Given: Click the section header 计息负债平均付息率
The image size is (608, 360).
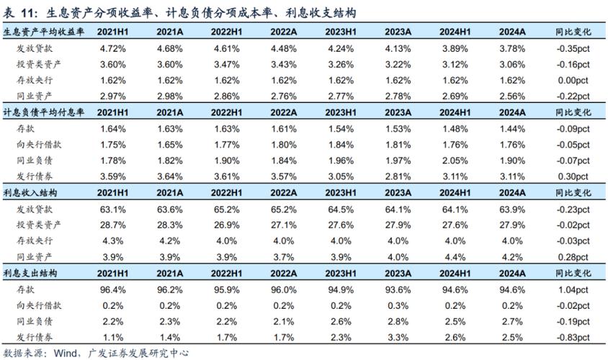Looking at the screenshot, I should point(45,112).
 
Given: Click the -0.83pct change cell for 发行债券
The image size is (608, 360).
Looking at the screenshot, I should point(572,337).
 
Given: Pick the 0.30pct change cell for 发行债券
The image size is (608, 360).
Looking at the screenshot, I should point(572,176).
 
